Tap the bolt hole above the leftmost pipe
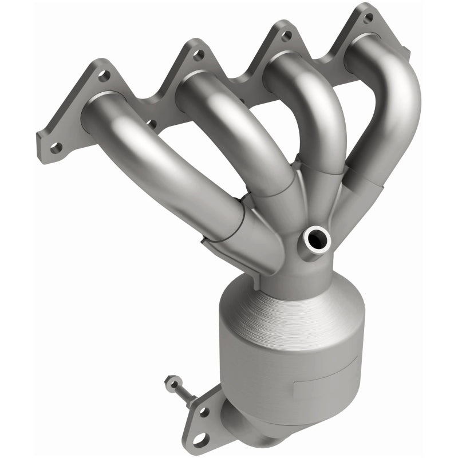coord(105,75)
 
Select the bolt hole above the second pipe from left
coord(198,55)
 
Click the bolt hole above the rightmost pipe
coord(368,18)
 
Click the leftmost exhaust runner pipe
coord(155,166)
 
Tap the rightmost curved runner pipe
coord(395,103)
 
